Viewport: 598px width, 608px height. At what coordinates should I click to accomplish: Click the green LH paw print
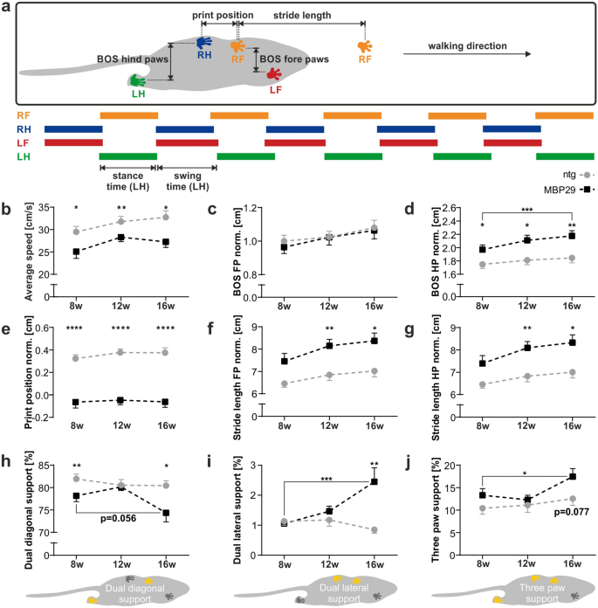[136, 82]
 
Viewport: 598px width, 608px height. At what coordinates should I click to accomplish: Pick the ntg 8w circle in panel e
[77, 358]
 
